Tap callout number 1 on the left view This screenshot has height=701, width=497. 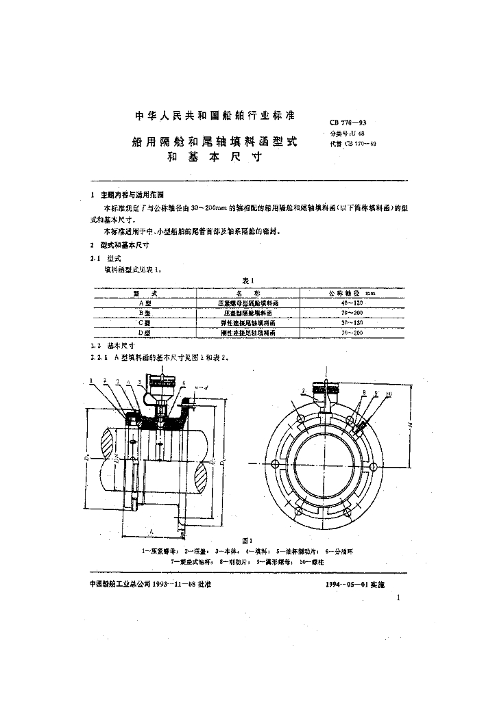pyautogui.click(x=90, y=380)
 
